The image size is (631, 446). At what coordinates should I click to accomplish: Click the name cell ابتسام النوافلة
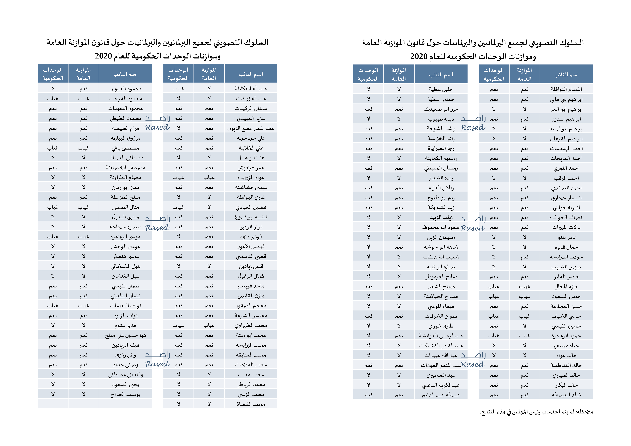566,89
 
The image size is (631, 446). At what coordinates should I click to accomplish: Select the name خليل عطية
441,89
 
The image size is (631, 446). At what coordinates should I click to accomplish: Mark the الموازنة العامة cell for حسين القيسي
524,326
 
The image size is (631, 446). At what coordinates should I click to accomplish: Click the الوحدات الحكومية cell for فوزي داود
178,236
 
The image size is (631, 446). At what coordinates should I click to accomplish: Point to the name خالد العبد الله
566,395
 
